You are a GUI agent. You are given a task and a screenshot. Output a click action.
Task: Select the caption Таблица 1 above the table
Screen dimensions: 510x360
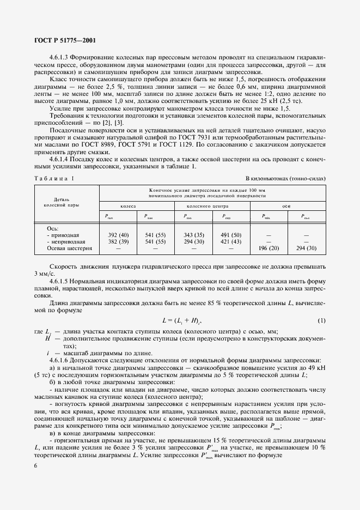[53, 179]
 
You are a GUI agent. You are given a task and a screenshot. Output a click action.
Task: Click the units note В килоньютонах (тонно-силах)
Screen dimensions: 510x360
[285, 179]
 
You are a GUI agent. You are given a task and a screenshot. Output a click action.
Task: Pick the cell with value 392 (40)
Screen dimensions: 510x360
[118, 234]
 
